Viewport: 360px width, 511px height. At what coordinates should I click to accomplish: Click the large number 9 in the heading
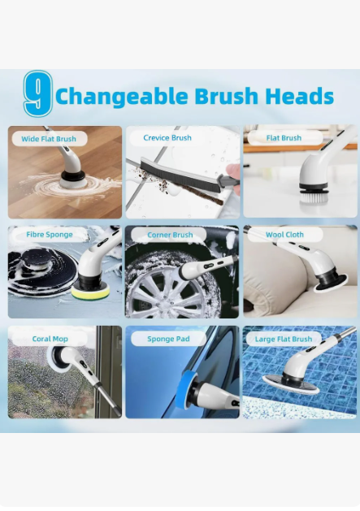click(38, 94)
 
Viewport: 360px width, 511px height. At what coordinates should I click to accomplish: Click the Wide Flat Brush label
click(49, 139)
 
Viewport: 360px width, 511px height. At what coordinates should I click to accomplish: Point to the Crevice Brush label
click(167, 138)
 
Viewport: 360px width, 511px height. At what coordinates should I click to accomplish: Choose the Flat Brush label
click(284, 138)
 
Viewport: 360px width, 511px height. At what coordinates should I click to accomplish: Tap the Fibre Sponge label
click(50, 235)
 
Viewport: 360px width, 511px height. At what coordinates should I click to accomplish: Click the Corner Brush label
click(170, 235)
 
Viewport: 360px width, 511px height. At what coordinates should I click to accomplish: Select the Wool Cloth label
click(284, 235)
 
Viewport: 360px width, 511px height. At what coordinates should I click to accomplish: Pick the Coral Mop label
click(50, 339)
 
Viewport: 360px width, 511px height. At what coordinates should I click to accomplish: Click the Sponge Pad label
click(168, 339)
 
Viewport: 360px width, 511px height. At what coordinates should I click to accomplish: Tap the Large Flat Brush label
click(284, 339)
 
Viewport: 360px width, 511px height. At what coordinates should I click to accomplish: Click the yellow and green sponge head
click(90, 291)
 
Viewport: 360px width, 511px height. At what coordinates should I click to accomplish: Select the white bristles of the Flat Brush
click(314, 197)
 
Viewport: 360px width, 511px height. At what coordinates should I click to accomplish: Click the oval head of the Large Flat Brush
click(291, 385)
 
